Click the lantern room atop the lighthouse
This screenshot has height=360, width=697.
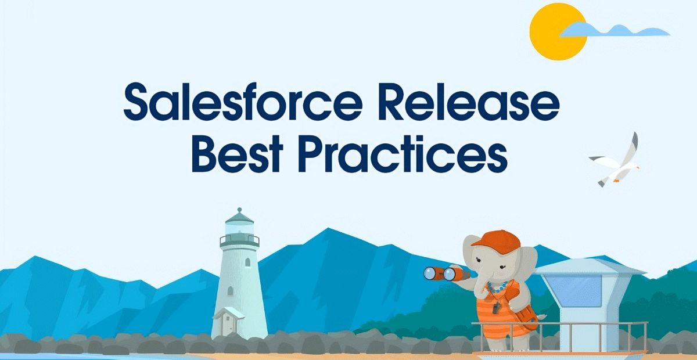239,229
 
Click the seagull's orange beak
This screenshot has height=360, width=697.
637,168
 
